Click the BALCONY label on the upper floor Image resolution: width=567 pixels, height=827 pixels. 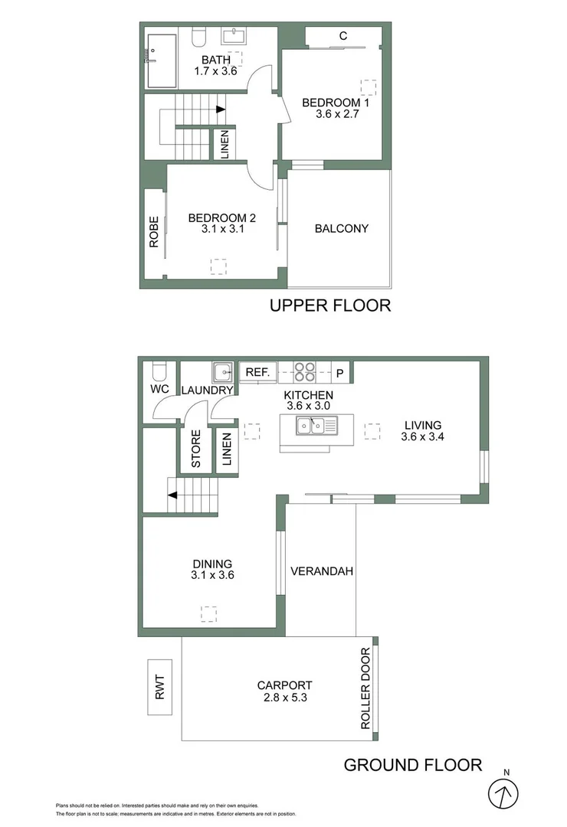[341, 228]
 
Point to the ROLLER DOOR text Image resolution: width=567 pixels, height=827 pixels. [365, 688]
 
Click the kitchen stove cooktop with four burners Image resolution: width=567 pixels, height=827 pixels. [304, 371]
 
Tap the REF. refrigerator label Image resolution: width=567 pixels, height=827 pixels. [257, 372]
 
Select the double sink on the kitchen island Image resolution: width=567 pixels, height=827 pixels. [316, 427]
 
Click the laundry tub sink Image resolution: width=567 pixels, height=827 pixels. [222, 371]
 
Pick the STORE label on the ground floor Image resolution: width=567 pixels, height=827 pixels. [195, 449]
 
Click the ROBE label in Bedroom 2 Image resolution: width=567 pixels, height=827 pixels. [154, 231]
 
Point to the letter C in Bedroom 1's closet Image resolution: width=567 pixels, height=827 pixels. [343, 35]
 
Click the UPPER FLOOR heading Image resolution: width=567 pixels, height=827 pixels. [330, 306]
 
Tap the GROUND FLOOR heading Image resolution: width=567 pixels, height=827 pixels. [412, 764]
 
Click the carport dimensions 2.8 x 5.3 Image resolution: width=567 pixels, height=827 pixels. [284, 698]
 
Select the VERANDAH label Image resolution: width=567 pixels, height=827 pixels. [322, 570]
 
